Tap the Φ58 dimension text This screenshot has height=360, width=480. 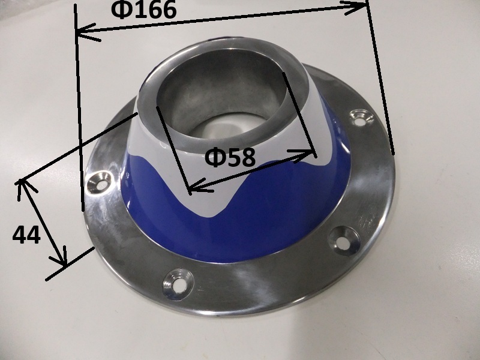[230, 157]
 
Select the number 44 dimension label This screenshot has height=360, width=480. [26, 235]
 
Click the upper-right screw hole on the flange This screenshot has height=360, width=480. [362, 117]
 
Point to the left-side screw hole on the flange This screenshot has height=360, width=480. [98, 182]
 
